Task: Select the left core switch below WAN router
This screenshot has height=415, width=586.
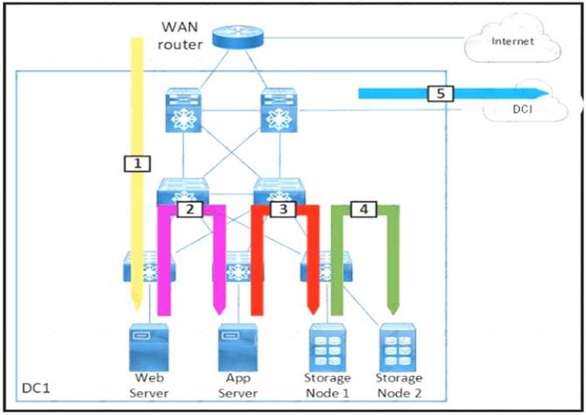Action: [x=181, y=110]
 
